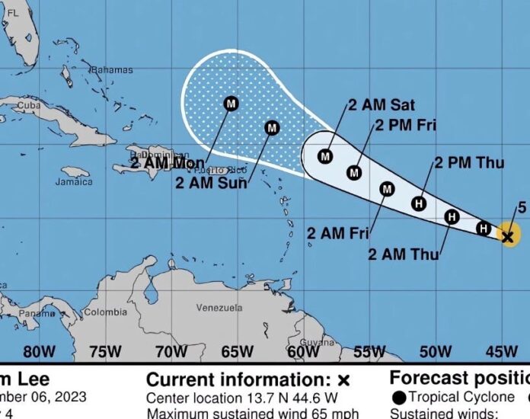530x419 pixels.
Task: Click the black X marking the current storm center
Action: [508, 237]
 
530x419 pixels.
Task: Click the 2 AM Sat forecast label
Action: [382, 105]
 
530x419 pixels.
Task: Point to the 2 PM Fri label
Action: [406, 126]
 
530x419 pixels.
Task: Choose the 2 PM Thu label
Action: [470, 162]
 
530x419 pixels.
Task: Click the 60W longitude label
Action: [303, 351]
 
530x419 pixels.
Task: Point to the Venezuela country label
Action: [219, 308]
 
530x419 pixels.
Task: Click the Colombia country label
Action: [105, 312]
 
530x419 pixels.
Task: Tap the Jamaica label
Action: [74, 182]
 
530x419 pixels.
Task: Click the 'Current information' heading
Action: [239, 379]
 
